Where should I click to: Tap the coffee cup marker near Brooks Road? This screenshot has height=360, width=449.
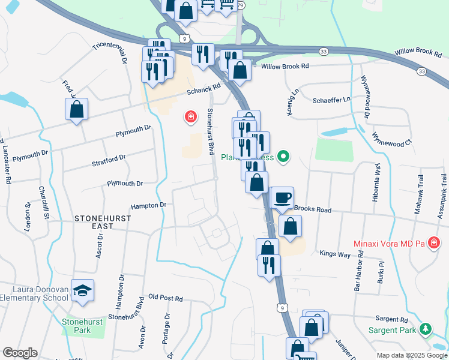point(282,197)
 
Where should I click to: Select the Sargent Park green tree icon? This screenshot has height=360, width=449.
point(426,329)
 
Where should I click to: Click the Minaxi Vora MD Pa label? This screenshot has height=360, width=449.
point(388,244)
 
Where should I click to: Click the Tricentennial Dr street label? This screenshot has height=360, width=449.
point(110,53)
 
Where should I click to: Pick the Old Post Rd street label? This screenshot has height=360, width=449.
point(165,298)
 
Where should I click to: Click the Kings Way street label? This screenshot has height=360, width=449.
point(334,254)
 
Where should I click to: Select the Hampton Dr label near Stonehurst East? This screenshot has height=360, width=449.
point(148,205)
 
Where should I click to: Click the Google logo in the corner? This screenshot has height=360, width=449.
point(20,353)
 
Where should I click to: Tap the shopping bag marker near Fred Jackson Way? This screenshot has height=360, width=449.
point(76,109)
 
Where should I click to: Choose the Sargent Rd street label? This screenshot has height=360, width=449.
point(393,321)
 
